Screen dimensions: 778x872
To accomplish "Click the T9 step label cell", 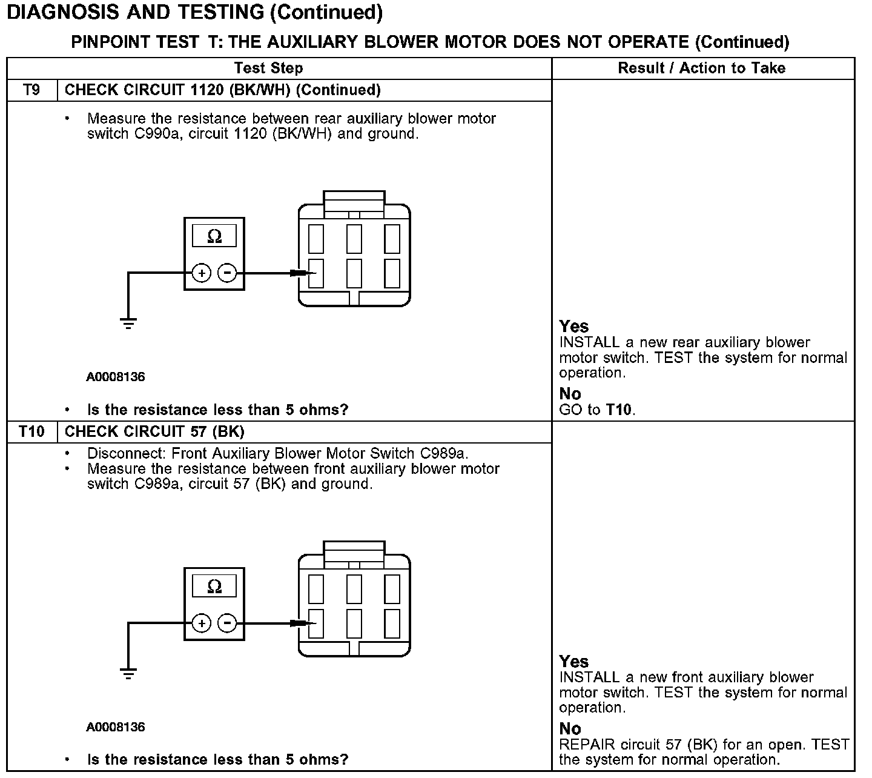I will click(x=31, y=90).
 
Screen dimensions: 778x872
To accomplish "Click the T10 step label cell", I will click(x=31, y=431).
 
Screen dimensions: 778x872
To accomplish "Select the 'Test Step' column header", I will click(x=268, y=68).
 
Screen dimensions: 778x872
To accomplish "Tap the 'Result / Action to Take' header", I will click(x=701, y=68).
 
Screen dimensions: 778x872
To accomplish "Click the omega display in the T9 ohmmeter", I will click(x=214, y=236).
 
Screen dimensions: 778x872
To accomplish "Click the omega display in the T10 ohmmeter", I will click(x=214, y=587).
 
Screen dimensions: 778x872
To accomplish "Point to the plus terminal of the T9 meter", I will click(x=202, y=273).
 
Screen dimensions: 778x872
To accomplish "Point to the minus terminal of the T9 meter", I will click(x=227, y=273).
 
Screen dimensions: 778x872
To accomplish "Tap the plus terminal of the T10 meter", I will click(x=202, y=623).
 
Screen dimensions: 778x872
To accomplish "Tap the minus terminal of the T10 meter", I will click(x=227, y=623).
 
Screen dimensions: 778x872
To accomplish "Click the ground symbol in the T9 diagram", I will click(x=128, y=322).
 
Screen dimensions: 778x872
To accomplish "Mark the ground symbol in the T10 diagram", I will click(x=128, y=673).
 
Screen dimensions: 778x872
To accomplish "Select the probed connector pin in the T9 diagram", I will click(x=316, y=273).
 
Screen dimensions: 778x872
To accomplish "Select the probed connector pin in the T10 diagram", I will click(x=316, y=623).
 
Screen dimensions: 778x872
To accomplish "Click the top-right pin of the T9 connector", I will click(x=392, y=239).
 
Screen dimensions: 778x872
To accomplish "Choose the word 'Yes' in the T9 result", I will click(x=574, y=327).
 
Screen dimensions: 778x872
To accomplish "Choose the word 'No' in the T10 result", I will click(x=570, y=728).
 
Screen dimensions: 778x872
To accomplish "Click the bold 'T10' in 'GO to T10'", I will click(x=619, y=410).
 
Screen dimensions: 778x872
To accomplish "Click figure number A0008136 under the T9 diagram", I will click(x=116, y=377).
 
